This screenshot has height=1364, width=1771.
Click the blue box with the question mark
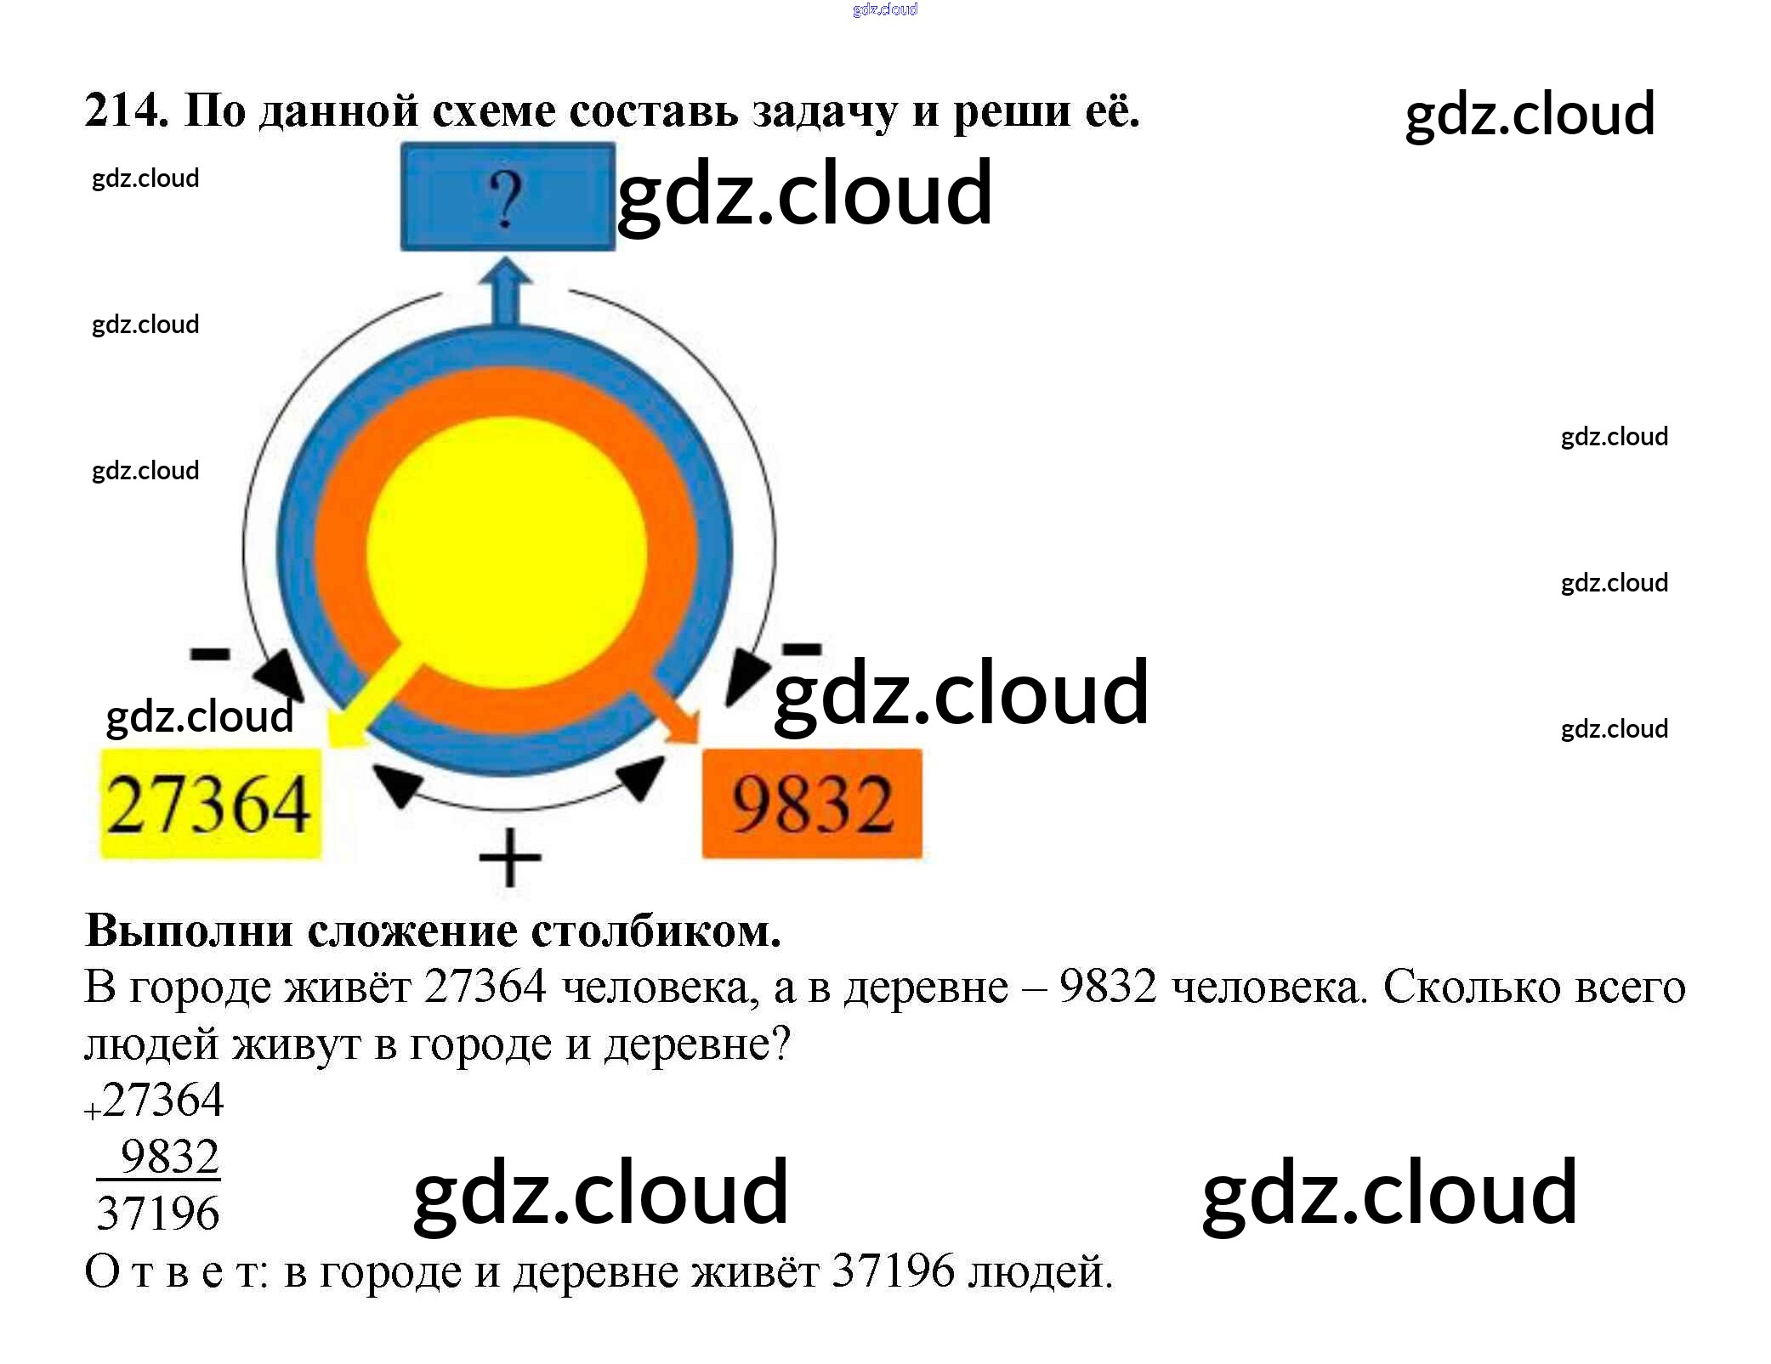[x=508, y=197]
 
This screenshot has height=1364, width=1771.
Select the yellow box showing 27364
[x=210, y=804]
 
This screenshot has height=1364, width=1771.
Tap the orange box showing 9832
[x=812, y=804]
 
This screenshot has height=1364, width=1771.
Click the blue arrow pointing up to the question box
[x=507, y=293]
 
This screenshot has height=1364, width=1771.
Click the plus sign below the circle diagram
[x=510, y=857]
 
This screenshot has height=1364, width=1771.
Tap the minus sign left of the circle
[x=210, y=653]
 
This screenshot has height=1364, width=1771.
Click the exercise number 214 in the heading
[x=124, y=110]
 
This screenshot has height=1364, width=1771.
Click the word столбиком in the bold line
[x=656, y=931]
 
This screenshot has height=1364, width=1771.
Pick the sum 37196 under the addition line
[x=158, y=1213]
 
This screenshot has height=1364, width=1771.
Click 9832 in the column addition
[x=170, y=1157]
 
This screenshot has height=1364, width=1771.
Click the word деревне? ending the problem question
[x=697, y=1044]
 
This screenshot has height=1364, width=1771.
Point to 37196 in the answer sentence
[x=893, y=1271]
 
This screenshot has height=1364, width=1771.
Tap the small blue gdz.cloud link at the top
[x=885, y=9]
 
